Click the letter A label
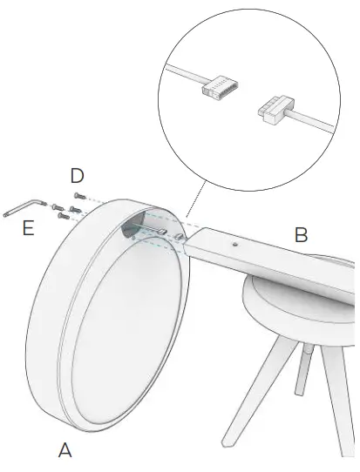(65, 449)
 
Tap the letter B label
(301, 234)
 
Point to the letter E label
(29, 230)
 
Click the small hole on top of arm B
(234, 246)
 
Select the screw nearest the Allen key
(55, 207)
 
